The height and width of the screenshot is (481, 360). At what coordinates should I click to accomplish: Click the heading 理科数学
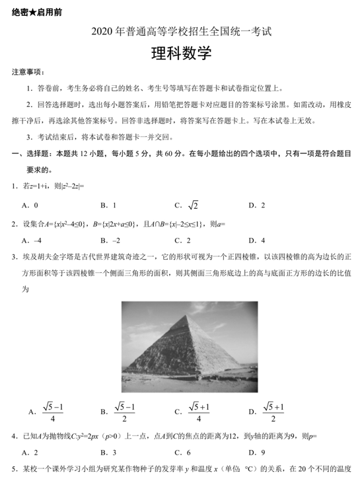point(180,53)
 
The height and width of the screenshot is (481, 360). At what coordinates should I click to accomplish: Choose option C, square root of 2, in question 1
point(192,205)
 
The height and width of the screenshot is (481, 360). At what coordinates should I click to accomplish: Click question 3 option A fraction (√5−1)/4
point(52,412)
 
